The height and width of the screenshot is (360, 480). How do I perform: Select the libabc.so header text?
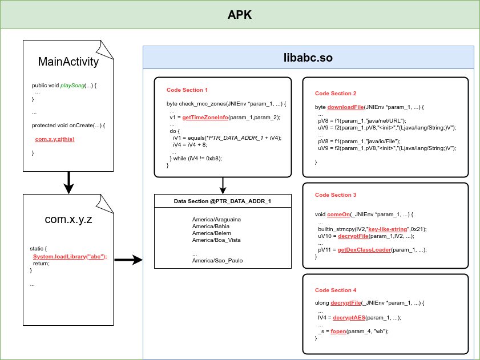point(308,58)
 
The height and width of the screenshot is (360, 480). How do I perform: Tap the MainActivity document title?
point(68,62)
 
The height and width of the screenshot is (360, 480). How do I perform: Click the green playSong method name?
point(72,85)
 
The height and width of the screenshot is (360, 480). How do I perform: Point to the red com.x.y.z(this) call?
point(54,139)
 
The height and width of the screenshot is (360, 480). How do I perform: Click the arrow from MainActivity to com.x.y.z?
point(68,181)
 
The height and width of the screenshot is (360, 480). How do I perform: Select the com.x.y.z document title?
point(68,220)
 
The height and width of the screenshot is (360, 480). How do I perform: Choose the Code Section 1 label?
point(187,90)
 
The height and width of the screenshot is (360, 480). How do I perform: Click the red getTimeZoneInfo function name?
point(209,117)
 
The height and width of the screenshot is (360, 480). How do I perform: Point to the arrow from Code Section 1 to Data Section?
point(223,185)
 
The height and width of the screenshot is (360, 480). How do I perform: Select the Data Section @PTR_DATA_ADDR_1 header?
point(223,201)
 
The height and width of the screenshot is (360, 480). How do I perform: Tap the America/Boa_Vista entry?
point(214,240)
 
